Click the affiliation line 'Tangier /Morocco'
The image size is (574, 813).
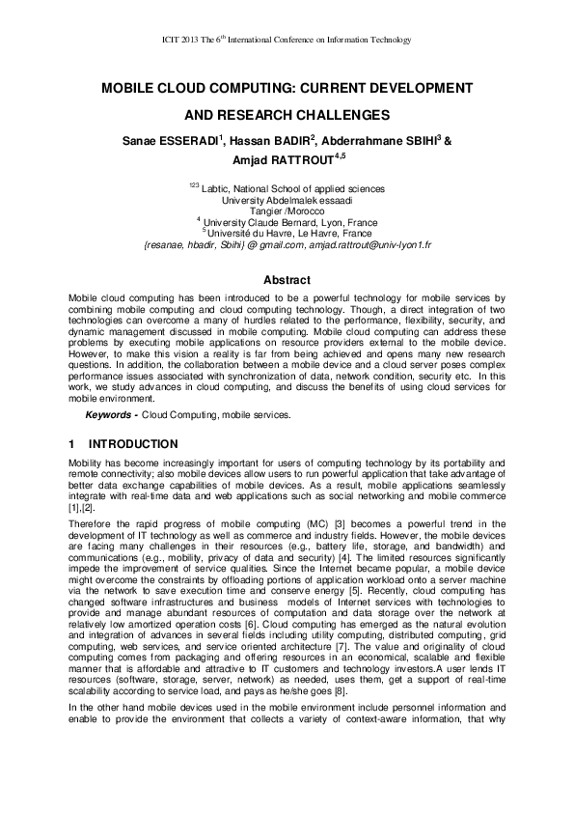point(286,210)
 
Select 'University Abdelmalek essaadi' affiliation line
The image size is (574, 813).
point(287,200)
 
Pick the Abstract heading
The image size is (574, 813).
point(287,280)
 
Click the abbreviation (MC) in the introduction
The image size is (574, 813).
point(273,523)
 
